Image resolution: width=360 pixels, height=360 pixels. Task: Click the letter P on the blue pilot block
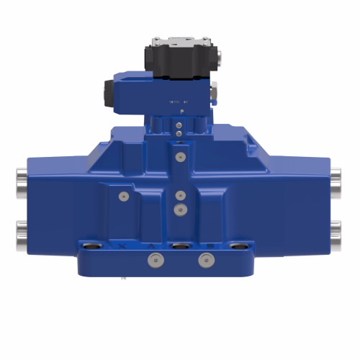181,112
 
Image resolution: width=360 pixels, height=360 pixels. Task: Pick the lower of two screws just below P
179,132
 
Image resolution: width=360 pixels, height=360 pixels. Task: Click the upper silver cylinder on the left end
22,176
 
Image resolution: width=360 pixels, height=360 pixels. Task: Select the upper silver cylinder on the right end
336,176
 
